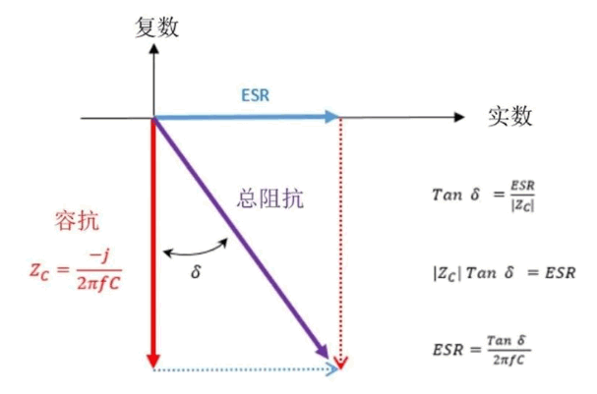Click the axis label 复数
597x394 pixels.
click(x=156, y=27)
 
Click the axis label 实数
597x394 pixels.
click(x=509, y=116)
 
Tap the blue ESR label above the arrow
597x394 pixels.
click(x=255, y=95)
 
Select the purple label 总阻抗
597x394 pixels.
click(x=269, y=198)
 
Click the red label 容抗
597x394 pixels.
click(x=77, y=220)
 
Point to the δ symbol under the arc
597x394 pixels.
click(x=196, y=271)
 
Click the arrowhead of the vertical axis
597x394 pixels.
click(x=153, y=49)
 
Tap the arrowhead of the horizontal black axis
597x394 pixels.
click(x=460, y=117)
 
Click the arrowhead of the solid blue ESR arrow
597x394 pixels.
click(x=332, y=116)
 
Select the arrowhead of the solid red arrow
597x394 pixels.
click(x=153, y=361)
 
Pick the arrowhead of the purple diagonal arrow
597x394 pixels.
click(x=324, y=352)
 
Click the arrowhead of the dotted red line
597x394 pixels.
click(x=340, y=364)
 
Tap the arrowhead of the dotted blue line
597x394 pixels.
click(x=332, y=368)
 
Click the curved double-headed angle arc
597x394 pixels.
click(x=196, y=253)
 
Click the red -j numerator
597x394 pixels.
click(x=98, y=256)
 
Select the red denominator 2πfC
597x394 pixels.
click(x=98, y=283)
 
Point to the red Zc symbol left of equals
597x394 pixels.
click(x=39, y=271)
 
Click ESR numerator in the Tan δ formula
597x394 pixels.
click(x=522, y=186)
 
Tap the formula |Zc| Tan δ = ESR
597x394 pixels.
click(x=505, y=273)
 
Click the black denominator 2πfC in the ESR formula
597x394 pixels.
click(x=508, y=359)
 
